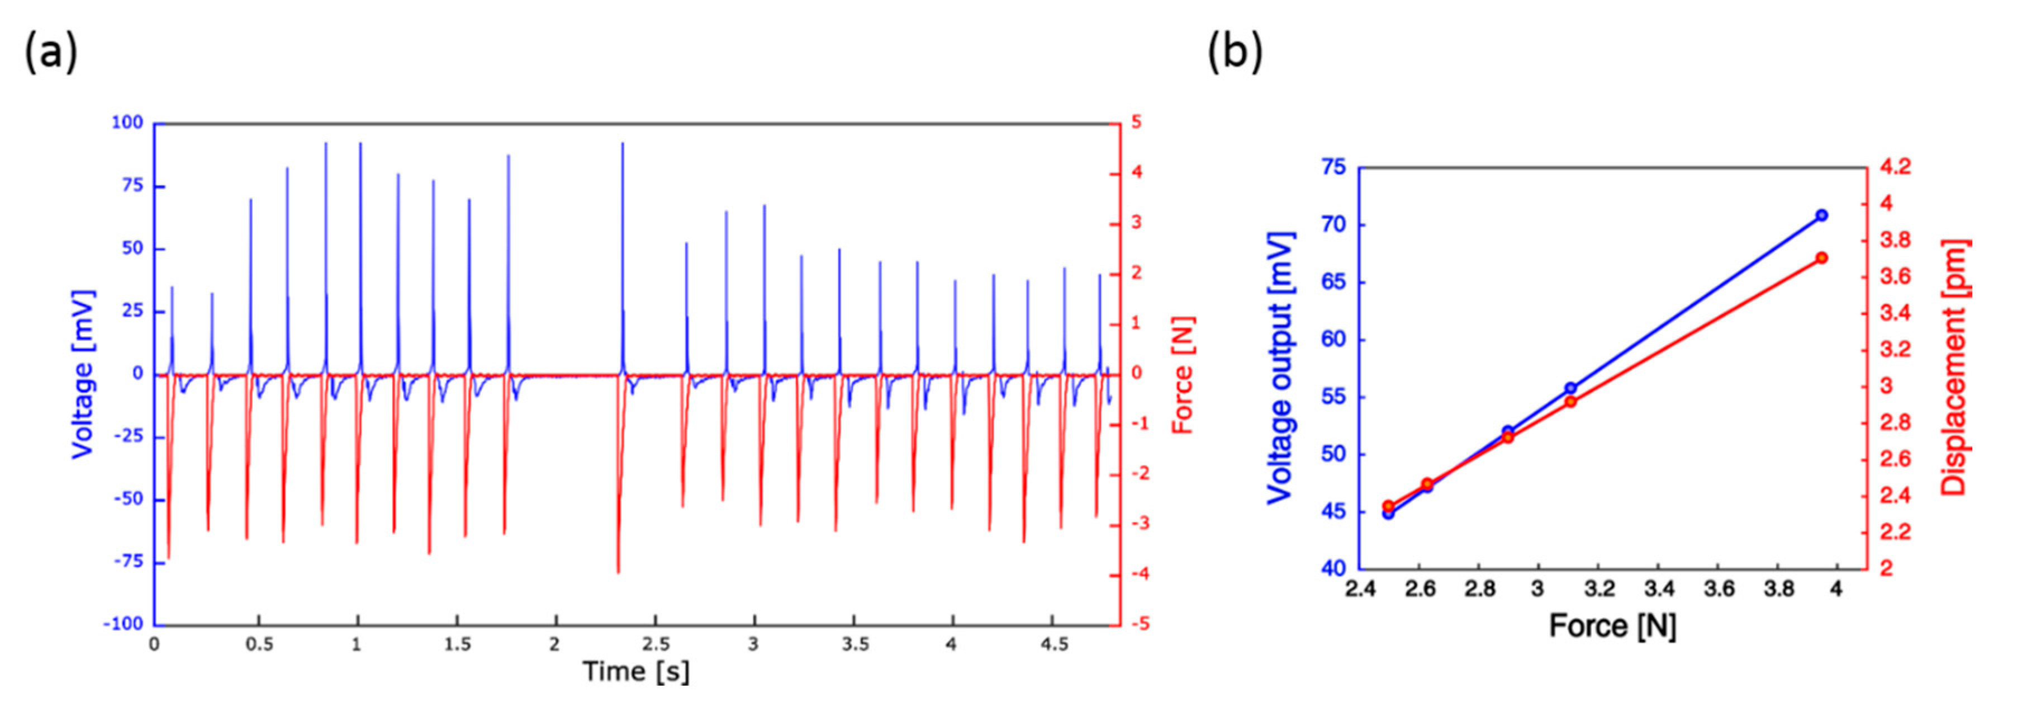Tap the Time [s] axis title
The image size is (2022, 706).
tap(636, 671)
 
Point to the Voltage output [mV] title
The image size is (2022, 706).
tap(1279, 368)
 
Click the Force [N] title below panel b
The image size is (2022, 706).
tap(1612, 626)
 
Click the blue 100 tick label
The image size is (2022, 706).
tap(127, 123)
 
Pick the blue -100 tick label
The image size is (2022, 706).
tap(124, 624)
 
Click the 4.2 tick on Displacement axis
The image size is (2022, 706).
tap(1895, 167)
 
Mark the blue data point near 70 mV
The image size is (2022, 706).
tap(1822, 215)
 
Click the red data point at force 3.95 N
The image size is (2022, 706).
tap(1822, 257)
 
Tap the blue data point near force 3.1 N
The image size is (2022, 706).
tap(1570, 388)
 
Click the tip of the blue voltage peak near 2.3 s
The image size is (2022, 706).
tap(623, 143)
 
